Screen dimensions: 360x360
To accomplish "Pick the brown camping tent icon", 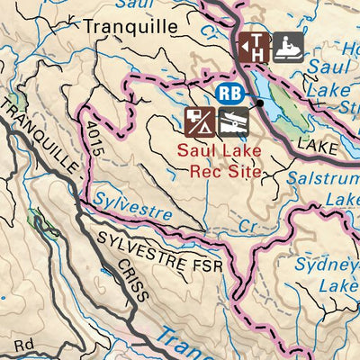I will point(199,120).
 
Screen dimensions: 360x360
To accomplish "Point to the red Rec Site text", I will point(220,168).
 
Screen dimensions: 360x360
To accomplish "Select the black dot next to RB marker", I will point(259,103).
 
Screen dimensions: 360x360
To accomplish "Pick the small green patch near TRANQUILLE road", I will point(36,217).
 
